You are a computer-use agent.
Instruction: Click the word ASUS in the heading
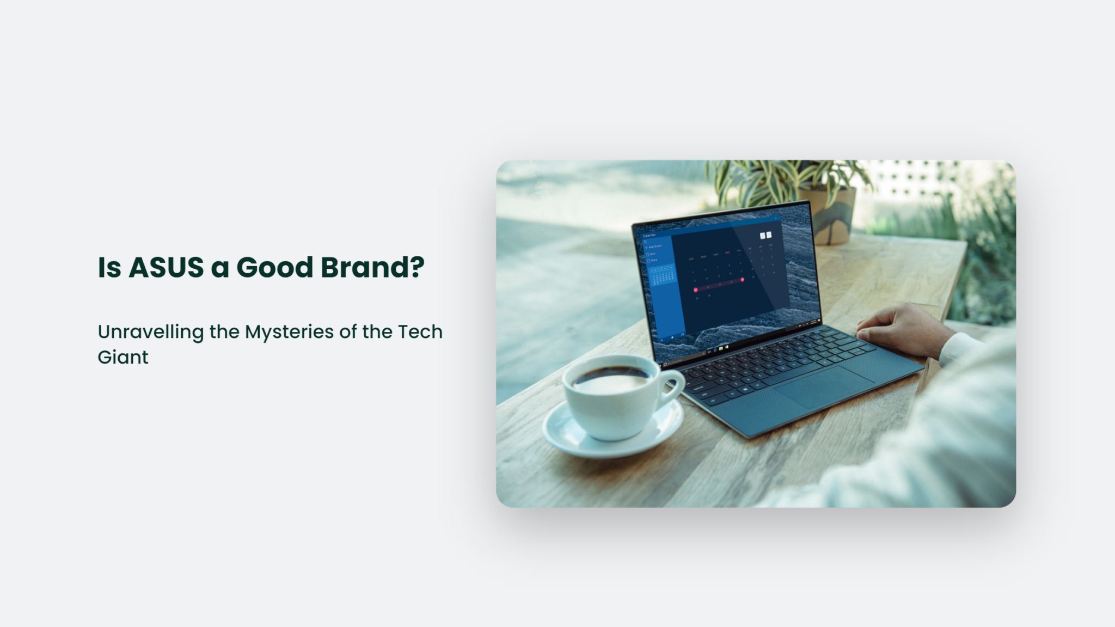(x=166, y=267)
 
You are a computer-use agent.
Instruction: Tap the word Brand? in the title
(x=372, y=267)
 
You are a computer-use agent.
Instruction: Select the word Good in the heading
(x=274, y=267)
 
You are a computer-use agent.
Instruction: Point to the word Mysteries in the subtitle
(x=289, y=332)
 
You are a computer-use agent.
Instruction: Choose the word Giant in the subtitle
(x=122, y=357)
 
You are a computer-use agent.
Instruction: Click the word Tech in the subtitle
(x=420, y=331)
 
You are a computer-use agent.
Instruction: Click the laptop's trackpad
(x=824, y=386)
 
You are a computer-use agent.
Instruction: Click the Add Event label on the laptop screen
(x=654, y=247)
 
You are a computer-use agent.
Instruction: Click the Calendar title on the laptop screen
(x=650, y=236)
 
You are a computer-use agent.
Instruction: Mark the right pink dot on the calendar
(x=742, y=280)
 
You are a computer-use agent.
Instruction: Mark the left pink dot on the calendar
(x=695, y=290)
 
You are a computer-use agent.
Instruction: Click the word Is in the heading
(x=109, y=267)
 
